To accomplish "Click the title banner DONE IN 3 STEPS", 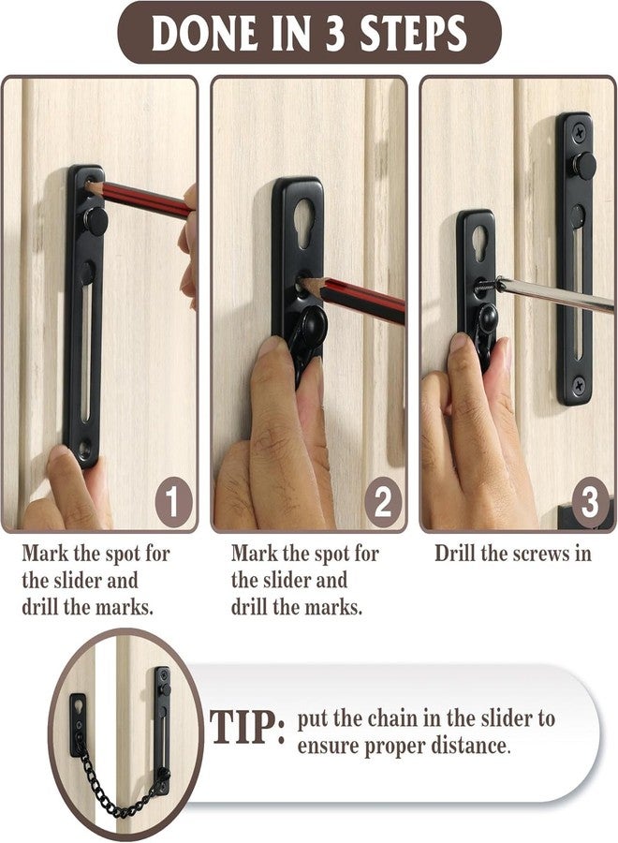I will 309,35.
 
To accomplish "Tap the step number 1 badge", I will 173,504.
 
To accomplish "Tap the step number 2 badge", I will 382,504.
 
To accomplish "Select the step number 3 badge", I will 588,504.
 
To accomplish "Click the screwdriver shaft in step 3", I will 552,294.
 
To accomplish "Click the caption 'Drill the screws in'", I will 512,554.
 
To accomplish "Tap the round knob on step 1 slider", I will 94,222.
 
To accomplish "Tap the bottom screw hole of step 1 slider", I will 85,449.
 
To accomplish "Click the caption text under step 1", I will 96,580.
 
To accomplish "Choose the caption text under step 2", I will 304,580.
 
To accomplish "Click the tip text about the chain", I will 426,732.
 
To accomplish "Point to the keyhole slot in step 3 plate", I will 478,242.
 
